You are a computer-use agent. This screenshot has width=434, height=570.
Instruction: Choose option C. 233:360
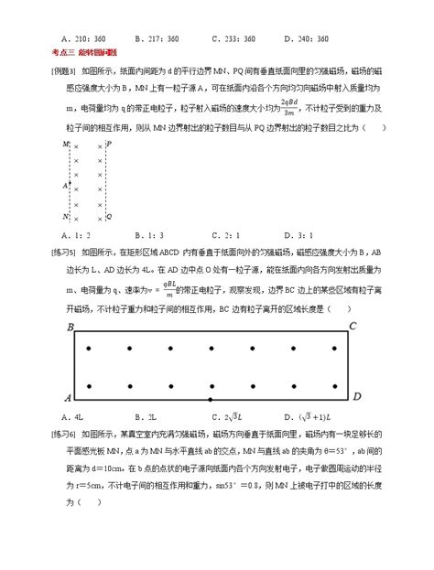point(233,38)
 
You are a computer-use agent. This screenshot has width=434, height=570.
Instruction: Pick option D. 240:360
point(309,38)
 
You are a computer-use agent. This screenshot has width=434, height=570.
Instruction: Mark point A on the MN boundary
point(66,184)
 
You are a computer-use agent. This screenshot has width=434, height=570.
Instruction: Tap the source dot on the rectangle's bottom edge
point(212,400)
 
